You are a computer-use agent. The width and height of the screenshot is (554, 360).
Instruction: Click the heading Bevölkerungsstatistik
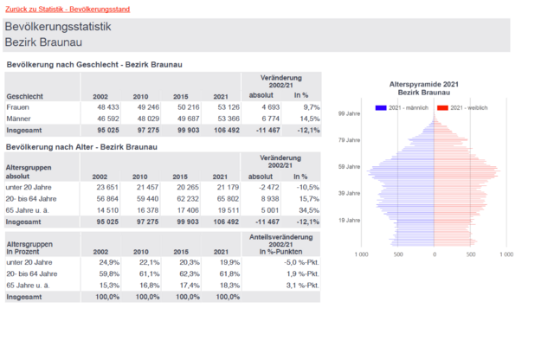click(58, 28)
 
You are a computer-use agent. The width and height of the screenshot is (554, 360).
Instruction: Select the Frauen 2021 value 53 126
click(215, 106)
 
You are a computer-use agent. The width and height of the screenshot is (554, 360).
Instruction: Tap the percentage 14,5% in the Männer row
click(309, 118)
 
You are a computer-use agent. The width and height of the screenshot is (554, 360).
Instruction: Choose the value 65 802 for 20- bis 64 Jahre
click(215, 198)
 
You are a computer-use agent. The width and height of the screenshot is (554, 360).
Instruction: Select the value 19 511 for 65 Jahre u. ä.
click(215, 209)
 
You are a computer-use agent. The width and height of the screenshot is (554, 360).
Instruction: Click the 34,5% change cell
click(309, 209)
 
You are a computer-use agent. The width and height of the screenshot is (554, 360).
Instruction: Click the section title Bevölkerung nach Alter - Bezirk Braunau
click(82, 146)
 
